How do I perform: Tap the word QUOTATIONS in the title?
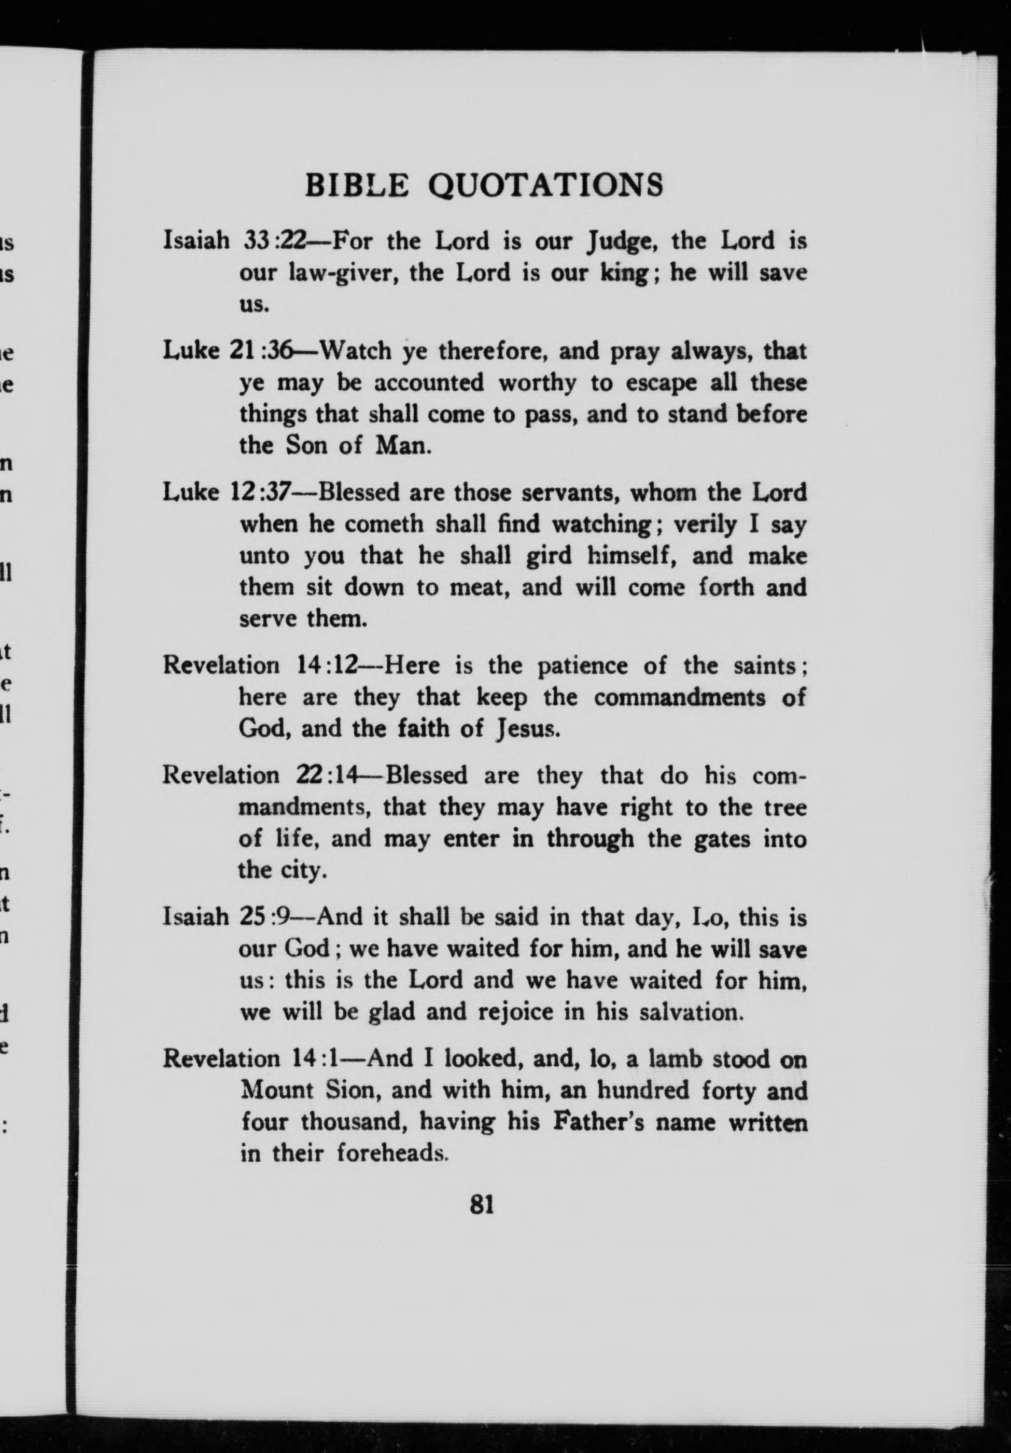(x=546, y=186)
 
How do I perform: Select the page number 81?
(x=482, y=1204)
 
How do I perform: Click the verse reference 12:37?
(x=261, y=493)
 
